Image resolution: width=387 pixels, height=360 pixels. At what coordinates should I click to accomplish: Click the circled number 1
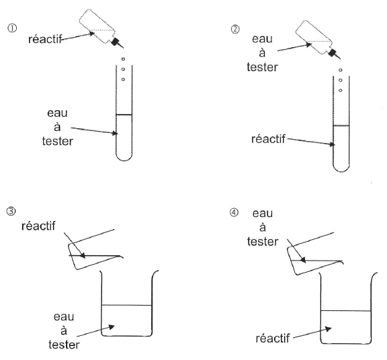tap(12, 28)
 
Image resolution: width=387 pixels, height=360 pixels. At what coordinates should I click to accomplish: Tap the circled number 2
tap(235, 30)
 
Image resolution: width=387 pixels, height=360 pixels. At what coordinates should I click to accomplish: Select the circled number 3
tap(11, 212)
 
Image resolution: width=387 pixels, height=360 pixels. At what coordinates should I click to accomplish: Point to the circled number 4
tap(234, 212)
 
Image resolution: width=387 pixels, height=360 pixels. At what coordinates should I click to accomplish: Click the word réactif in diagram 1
tap(45, 39)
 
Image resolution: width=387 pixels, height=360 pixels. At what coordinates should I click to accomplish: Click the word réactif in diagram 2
tap(268, 139)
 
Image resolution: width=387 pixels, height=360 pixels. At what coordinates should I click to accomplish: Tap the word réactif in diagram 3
tap(38, 226)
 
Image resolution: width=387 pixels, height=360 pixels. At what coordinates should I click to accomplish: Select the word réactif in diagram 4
tap(273, 339)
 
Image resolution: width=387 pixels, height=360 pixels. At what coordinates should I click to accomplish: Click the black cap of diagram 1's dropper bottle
tap(115, 42)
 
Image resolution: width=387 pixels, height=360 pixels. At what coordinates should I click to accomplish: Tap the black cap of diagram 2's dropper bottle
tap(332, 53)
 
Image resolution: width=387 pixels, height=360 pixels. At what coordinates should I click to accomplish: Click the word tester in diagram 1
tap(58, 142)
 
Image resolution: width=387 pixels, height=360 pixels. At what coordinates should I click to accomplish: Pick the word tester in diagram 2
tap(262, 67)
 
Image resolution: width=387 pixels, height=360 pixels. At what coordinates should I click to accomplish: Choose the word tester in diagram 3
tap(64, 345)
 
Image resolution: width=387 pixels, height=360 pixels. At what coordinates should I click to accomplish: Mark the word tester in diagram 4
tap(263, 242)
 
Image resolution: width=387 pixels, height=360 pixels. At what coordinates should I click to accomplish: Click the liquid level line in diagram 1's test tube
tap(124, 114)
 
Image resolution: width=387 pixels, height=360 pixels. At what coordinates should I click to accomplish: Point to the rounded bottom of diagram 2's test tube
tap(341, 170)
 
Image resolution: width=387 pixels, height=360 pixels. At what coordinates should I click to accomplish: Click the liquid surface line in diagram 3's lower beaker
tap(126, 305)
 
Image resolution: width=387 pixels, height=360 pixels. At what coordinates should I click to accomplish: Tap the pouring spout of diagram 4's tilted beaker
tap(341, 262)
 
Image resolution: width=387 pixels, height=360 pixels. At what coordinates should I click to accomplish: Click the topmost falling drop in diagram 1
tap(123, 59)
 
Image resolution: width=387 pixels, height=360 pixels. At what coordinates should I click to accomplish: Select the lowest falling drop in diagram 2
tap(341, 90)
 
